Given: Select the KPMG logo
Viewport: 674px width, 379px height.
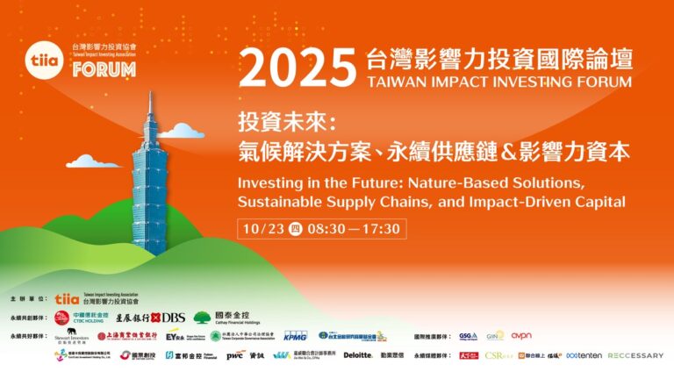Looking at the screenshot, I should click(295, 335).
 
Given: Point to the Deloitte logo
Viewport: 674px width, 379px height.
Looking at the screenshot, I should click(357, 355).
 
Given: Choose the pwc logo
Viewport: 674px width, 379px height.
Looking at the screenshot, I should click(234, 355).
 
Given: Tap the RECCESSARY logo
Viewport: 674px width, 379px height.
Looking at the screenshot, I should click(635, 355).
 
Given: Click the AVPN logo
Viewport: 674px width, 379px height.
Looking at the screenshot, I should click(521, 335).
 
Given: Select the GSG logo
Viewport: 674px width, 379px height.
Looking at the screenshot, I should click(468, 335).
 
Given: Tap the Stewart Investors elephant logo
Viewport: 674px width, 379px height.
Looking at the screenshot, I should click(67, 335).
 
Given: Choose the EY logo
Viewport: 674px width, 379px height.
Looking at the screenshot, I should click(176, 335).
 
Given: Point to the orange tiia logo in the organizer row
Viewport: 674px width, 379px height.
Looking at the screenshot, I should click(68, 299).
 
